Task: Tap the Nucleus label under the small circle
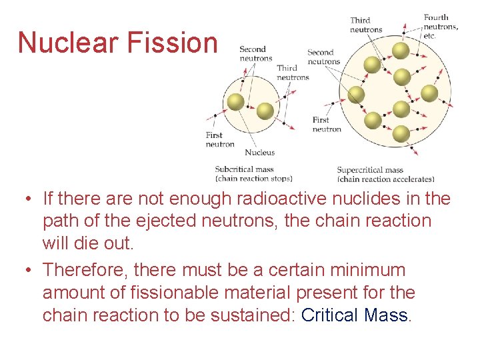coord(259,153)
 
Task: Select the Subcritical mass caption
coord(244,169)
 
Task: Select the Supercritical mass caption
coord(370,170)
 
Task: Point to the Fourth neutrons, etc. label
coord(441,27)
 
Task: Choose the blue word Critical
coord(330,315)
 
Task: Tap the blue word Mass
coord(386,315)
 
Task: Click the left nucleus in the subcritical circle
coord(235,101)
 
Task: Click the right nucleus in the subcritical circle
coord(265,111)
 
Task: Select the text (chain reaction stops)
coord(253,179)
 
